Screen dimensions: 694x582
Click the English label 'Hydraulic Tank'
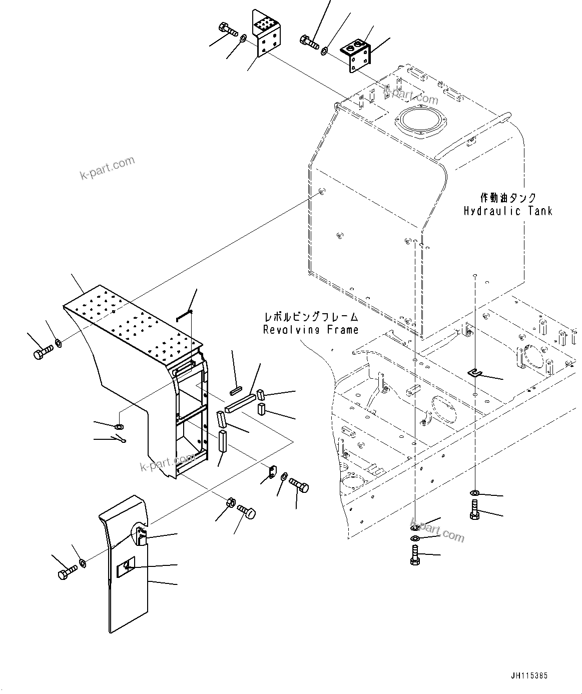point(508,211)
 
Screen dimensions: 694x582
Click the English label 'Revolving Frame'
point(311,330)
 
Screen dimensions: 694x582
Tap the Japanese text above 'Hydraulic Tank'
point(507,198)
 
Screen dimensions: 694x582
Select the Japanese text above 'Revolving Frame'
point(311,317)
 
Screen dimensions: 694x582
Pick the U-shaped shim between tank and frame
point(475,372)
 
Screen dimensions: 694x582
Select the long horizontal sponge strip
point(240,403)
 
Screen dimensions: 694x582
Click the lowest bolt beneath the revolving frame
point(413,555)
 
